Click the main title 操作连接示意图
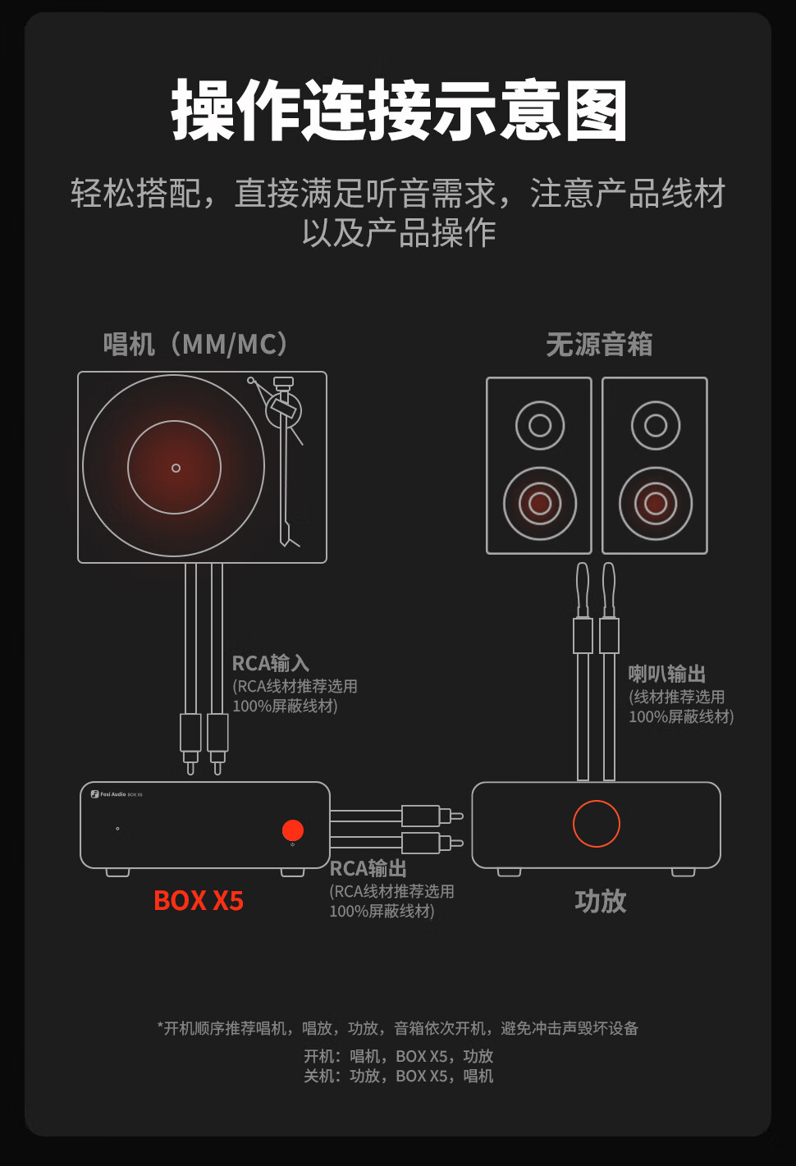(x=399, y=111)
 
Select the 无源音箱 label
(x=599, y=344)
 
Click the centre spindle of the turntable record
(x=176, y=468)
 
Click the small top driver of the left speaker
(x=540, y=425)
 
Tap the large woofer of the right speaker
(x=656, y=503)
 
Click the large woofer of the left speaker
(x=540, y=503)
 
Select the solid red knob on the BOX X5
(x=293, y=830)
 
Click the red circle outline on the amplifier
(x=597, y=824)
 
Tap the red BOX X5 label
(x=199, y=901)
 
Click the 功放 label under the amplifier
(x=601, y=901)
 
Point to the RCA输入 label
(x=270, y=663)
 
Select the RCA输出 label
(x=368, y=868)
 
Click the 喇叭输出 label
(x=667, y=674)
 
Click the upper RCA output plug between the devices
(x=422, y=816)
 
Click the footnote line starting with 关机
(x=399, y=1076)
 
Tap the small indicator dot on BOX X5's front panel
(x=117, y=829)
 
